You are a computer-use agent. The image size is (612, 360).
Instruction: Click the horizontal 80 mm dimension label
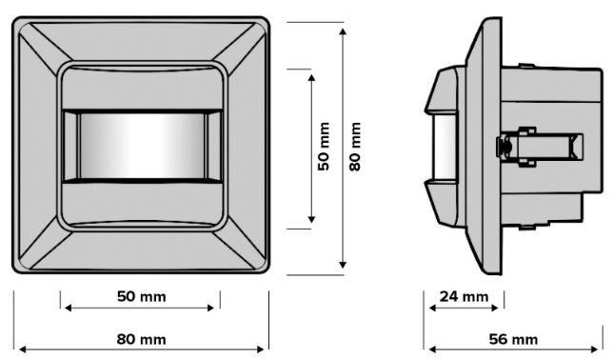pos(141,339)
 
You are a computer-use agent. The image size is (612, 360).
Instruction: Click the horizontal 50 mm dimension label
pos(141,296)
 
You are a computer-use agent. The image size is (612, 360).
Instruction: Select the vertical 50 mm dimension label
pos(324,147)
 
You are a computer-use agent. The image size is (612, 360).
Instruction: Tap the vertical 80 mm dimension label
pos(355,147)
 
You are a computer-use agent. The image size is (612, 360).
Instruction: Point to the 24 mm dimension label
pos(464,297)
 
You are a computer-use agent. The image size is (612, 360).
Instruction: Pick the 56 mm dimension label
pos(513,339)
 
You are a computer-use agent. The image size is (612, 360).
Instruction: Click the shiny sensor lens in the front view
pos(142,146)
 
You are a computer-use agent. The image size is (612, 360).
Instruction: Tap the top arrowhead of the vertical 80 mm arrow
pos(343,31)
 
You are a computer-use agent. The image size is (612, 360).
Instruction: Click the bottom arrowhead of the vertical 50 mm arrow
pos(311,219)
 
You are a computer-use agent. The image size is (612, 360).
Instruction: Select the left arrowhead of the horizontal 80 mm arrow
pos(23,350)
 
